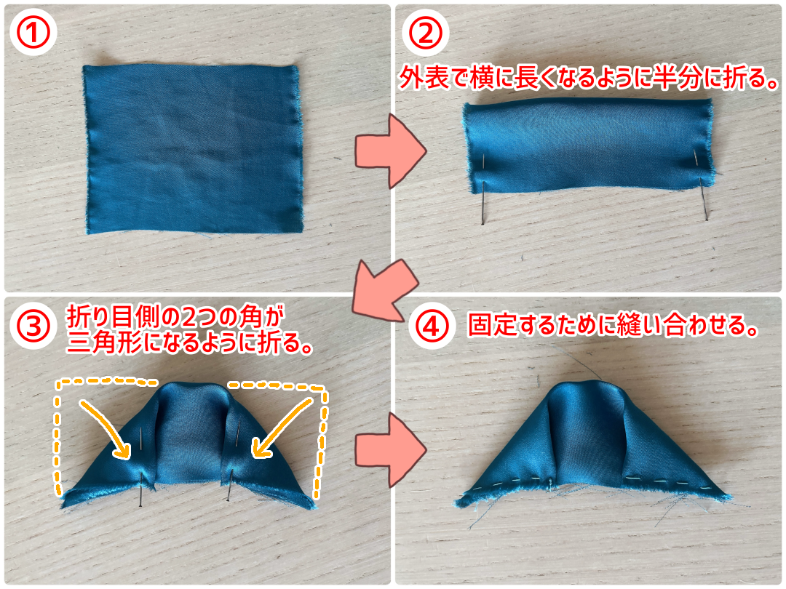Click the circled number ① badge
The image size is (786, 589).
[33, 32]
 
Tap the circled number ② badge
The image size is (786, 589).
[426, 32]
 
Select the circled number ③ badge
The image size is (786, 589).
[33, 326]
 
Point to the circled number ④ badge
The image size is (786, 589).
[432, 326]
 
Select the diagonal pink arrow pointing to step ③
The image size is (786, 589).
[385, 290]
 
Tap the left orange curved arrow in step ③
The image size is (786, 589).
[106, 428]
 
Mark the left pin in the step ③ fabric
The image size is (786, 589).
[142, 467]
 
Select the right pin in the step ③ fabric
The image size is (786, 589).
[233, 461]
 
